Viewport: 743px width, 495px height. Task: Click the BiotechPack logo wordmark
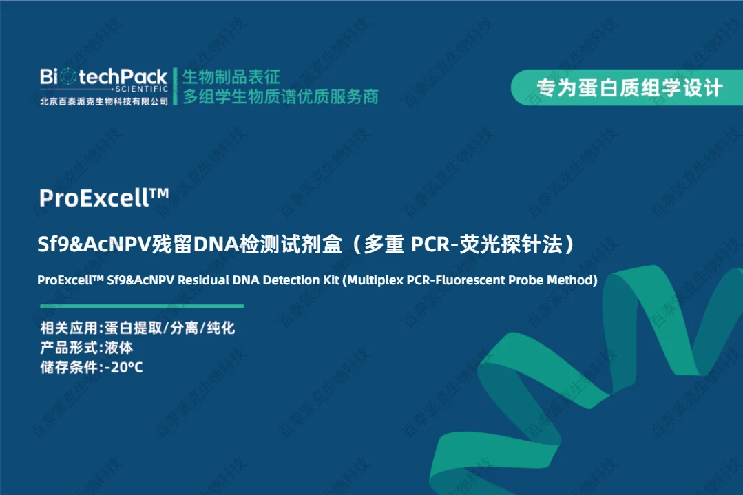pos(104,76)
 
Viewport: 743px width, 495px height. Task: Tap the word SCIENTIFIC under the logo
pos(142,89)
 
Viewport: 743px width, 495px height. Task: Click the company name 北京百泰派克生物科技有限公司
pos(104,101)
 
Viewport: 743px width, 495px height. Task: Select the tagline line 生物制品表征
pos(231,76)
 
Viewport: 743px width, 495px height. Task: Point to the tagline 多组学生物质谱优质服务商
pos(280,96)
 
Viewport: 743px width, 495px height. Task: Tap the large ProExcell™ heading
pos(104,198)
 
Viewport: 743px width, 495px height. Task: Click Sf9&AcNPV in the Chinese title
pos(94,244)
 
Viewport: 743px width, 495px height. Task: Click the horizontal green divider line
pos(142,306)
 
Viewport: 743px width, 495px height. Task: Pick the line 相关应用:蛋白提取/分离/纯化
pos(138,328)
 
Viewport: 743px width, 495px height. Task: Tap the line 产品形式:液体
pos(87,348)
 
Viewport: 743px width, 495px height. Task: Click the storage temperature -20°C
pos(124,367)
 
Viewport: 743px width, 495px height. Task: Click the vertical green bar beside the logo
pos(176,87)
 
